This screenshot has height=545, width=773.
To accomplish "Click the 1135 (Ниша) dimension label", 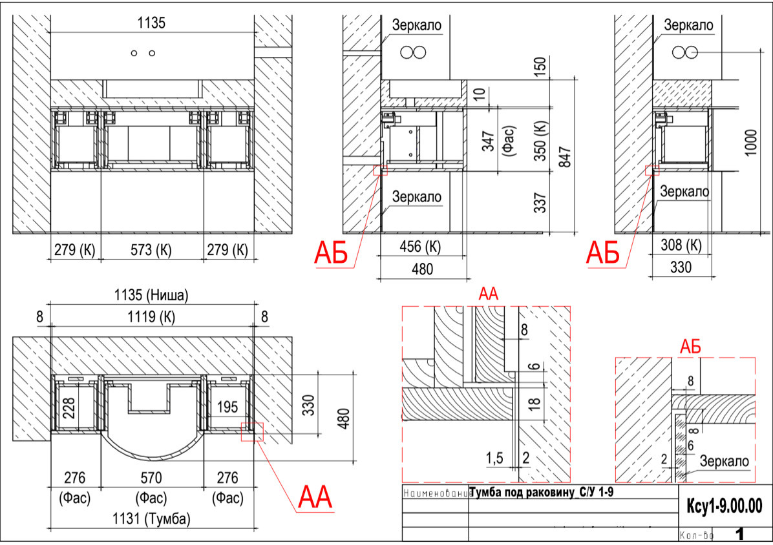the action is tap(151, 295).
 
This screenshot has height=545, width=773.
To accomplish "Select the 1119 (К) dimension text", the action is tap(151, 317).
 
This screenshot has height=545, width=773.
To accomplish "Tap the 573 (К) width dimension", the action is tap(151, 250).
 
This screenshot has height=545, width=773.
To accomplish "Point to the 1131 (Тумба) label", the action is tap(151, 519).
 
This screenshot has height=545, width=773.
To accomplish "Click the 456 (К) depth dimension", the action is tap(420, 247).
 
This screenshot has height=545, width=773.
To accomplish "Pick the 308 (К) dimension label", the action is tap(681, 245).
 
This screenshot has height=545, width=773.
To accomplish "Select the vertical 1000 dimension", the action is tap(750, 143).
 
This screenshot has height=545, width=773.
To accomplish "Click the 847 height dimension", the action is tap(565, 157).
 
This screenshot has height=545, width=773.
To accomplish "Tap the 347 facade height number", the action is tap(487, 141).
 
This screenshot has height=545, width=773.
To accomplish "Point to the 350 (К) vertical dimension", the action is tap(541, 141).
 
